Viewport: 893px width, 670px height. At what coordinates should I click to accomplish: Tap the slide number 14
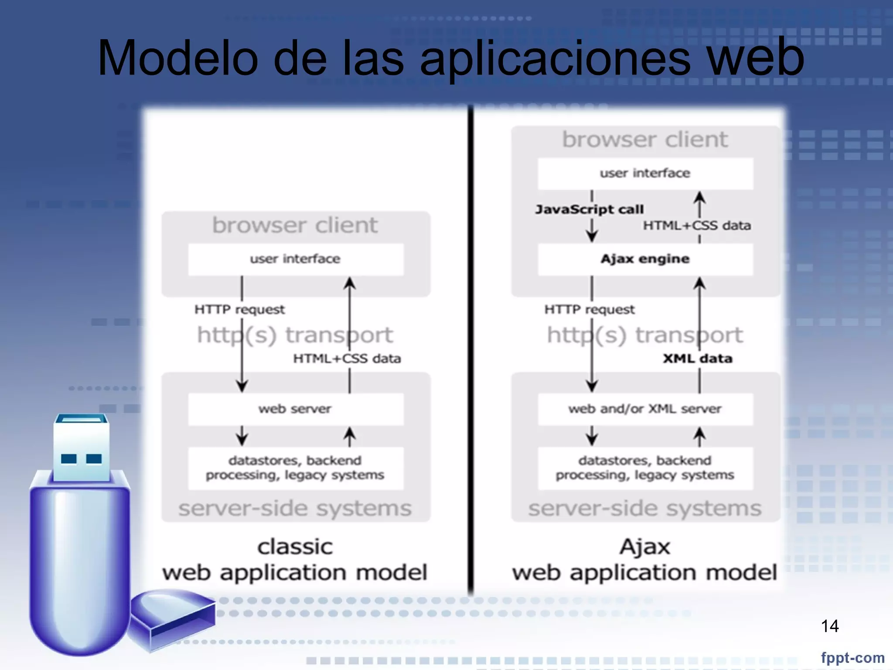click(829, 626)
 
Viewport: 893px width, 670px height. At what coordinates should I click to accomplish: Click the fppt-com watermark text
click(852, 657)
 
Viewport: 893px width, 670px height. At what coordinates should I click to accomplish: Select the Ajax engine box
click(645, 259)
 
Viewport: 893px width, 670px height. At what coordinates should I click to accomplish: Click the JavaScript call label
click(589, 210)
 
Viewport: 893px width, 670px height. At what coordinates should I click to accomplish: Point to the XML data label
click(697, 359)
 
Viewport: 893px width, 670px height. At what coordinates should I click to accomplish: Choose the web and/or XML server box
click(645, 409)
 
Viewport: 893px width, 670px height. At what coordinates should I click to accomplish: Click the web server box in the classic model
click(295, 409)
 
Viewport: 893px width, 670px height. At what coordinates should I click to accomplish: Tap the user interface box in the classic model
click(295, 259)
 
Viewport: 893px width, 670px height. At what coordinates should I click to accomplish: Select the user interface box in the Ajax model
click(645, 174)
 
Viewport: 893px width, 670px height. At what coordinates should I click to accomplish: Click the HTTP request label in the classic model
click(239, 310)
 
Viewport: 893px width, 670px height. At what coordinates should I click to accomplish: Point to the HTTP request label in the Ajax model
click(589, 310)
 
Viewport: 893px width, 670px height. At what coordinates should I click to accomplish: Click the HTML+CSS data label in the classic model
click(347, 359)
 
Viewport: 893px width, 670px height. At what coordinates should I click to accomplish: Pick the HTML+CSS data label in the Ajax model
click(697, 226)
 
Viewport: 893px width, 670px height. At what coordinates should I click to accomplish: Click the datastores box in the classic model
click(295, 468)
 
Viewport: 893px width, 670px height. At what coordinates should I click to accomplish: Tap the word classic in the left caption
click(295, 547)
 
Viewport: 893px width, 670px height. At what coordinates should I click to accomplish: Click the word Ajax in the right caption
click(645, 547)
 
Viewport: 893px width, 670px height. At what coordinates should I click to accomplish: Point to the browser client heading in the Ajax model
click(645, 140)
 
